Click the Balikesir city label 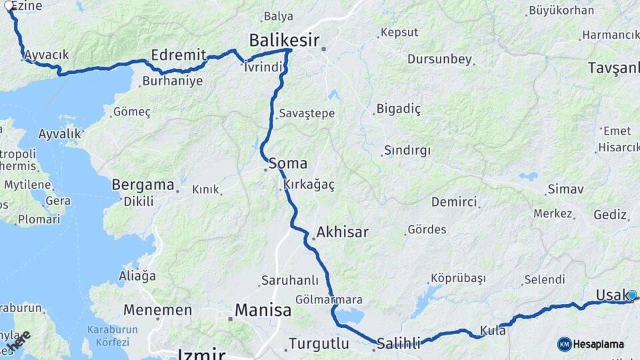284,40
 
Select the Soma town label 288,163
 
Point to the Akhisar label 343,233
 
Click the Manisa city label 263,310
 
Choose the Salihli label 399,344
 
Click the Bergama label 143,185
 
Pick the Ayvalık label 59,133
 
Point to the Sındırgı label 408,150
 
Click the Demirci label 454,201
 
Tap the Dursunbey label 439,59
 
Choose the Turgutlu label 319,344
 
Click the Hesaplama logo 591,344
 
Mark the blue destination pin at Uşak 631,295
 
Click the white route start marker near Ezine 9,6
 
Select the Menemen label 157,310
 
